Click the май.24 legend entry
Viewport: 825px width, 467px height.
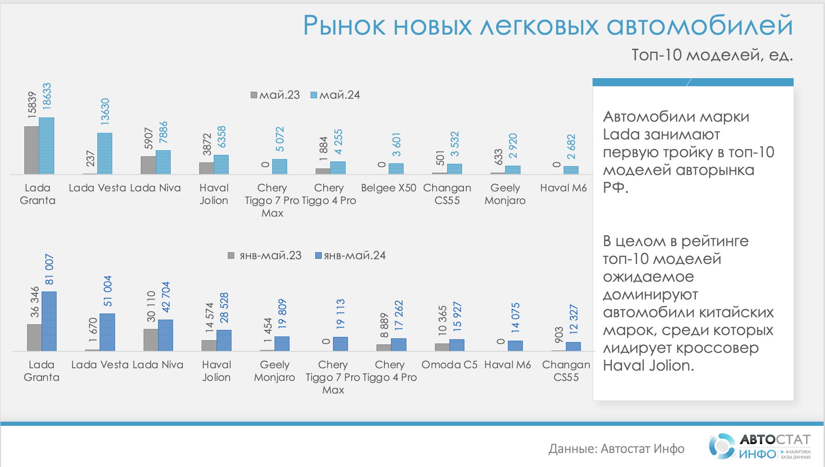coord(335,95)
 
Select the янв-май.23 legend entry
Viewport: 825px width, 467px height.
coord(265,255)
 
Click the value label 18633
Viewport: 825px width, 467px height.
coord(47,96)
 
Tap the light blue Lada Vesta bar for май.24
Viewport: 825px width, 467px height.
coord(105,153)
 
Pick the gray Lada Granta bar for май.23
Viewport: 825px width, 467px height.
coord(32,150)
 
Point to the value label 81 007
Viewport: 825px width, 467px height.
coord(49,270)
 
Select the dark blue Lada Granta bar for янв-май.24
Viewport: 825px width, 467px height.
coord(49,321)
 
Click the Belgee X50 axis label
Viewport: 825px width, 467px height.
coord(389,188)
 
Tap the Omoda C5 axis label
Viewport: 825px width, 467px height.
coord(449,365)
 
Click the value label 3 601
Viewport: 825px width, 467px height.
coord(397,145)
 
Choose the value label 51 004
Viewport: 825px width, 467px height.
coord(108,291)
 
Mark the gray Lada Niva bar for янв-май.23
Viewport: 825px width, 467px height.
coord(151,340)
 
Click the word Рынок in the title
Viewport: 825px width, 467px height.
coord(345,25)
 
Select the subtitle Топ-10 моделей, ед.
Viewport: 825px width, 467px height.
coord(712,55)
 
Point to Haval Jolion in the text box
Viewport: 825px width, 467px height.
coord(648,365)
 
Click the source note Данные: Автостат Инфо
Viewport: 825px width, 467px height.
coord(616,449)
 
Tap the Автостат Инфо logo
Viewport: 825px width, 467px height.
coord(760,446)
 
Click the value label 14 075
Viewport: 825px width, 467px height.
coord(515,318)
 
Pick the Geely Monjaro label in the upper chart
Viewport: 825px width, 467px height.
coord(505,194)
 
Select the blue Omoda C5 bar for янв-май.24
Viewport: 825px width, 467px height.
coord(457,345)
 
